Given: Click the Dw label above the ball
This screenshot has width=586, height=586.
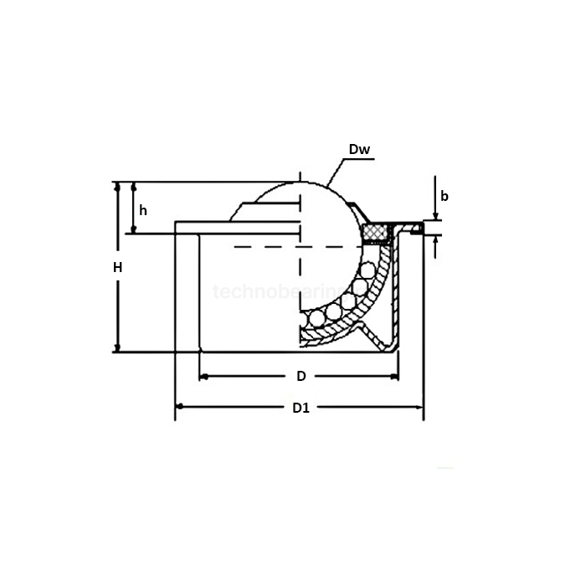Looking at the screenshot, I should [x=360, y=151].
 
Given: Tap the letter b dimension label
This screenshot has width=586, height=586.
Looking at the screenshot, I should [x=445, y=197].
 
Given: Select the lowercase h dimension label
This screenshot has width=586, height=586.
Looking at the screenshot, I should [x=143, y=210].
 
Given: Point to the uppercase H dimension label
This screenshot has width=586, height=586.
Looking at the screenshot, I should [x=118, y=268].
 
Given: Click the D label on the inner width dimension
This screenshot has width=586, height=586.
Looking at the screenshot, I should [x=301, y=376].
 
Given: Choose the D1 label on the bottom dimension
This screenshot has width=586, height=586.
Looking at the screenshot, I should [x=301, y=409].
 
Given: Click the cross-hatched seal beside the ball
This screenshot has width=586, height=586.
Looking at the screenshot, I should [x=378, y=231].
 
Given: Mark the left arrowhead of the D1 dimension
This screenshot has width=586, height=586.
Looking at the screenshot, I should [x=179, y=408].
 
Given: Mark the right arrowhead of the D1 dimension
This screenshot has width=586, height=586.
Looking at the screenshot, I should [x=419, y=408].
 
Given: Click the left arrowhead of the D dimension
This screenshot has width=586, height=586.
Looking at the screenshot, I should [x=203, y=376].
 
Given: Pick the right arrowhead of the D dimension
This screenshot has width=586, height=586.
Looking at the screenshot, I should [x=393, y=376].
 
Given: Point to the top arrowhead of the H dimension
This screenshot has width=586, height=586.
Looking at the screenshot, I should [x=117, y=187].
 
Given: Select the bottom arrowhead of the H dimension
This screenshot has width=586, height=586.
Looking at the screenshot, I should [x=117, y=347].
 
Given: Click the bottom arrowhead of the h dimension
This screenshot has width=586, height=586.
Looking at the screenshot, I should [x=133, y=228].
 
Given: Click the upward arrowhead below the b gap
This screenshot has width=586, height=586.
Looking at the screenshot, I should [x=436, y=239].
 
